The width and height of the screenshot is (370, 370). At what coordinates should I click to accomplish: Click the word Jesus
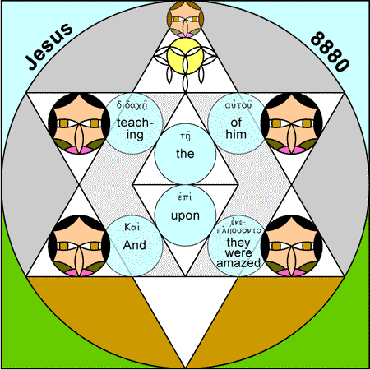click(x=49, y=46)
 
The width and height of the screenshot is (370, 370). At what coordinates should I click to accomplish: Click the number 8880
click(x=330, y=52)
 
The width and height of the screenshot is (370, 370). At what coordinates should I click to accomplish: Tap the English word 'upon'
click(x=185, y=216)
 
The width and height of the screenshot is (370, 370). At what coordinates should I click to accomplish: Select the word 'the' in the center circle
click(x=185, y=154)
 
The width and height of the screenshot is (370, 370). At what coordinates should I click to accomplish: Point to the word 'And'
click(x=134, y=245)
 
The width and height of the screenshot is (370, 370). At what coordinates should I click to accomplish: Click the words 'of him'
click(x=236, y=128)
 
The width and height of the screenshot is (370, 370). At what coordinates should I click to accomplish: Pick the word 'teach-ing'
click(x=135, y=129)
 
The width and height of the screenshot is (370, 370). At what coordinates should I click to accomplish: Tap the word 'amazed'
click(x=238, y=263)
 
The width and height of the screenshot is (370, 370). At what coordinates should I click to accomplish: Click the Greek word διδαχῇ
click(x=132, y=105)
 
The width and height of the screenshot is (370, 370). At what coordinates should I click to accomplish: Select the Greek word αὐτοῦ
click(x=238, y=105)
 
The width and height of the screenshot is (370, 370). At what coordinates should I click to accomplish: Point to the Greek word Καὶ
click(x=132, y=227)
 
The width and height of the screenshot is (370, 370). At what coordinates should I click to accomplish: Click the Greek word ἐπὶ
click(x=185, y=197)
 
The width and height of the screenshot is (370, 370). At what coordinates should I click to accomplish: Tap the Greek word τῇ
click(x=186, y=136)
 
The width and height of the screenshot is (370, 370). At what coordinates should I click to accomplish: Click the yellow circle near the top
click(x=185, y=56)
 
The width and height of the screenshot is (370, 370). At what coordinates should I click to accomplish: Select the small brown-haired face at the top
click(x=185, y=19)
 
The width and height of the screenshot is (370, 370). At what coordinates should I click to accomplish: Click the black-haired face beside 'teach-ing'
click(x=79, y=123)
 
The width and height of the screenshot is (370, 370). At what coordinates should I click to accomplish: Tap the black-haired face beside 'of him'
click(x=291, y=123)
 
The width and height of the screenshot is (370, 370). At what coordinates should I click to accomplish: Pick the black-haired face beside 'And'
click(x=79, y=246)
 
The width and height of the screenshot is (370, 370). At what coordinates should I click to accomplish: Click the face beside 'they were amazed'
click(x=291, y=246)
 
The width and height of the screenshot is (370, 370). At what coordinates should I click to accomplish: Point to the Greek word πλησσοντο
click(x=238, y=230)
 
